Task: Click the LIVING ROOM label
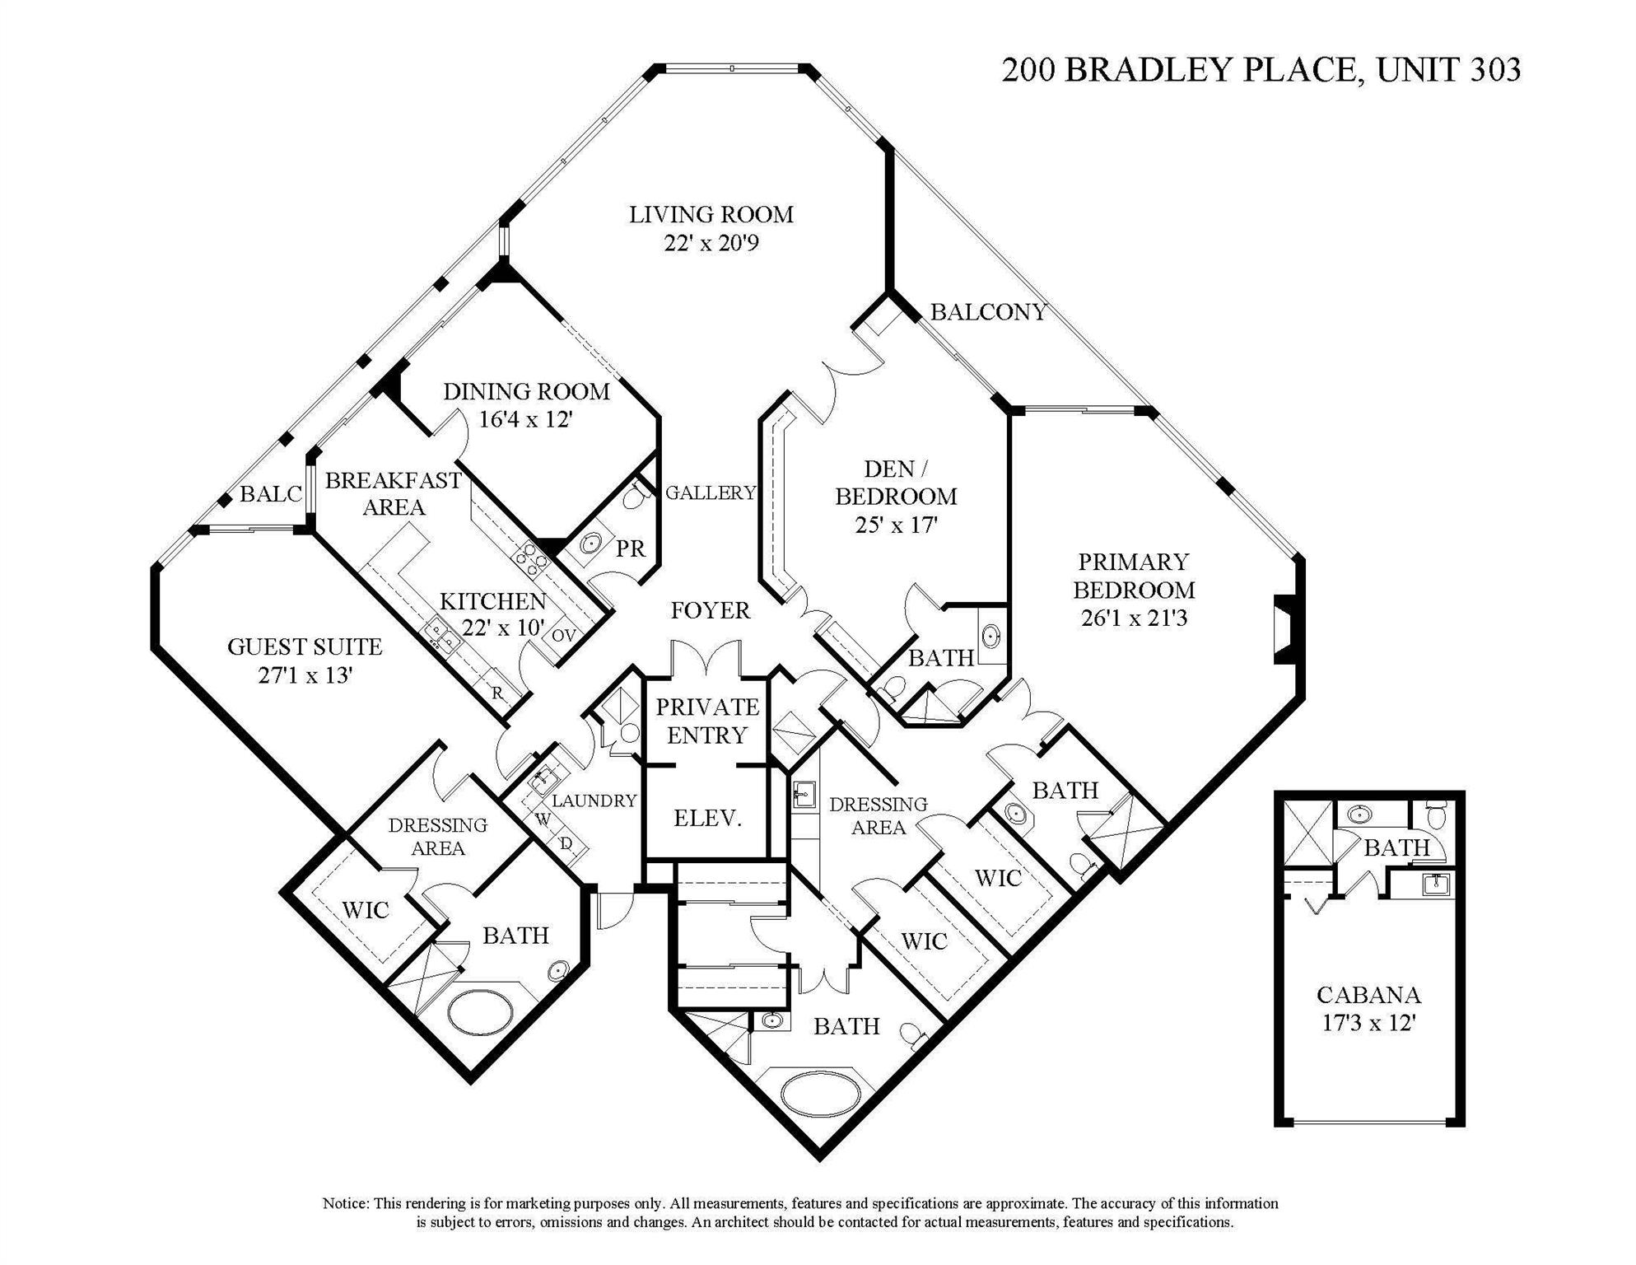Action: click(711, 215)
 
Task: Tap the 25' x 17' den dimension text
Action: click(896, 525)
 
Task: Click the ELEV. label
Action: click(708, 818)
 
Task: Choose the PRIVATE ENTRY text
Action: click(707, 721)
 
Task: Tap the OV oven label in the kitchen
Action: click(563, 635)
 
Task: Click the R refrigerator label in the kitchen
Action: click(497, 693)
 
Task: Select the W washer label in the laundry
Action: click(543, 819)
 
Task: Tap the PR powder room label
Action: click(631, 549)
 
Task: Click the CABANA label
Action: click(1368, 995)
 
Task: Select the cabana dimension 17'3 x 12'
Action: click(1368, 1024)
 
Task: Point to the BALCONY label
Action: click(988, 312)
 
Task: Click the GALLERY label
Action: click(711, 492)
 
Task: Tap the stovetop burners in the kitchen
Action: click(531, 558)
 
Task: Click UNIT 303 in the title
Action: click(1448, 70)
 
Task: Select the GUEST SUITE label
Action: click(305, 647)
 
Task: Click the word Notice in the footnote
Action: click(346, 1203)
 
